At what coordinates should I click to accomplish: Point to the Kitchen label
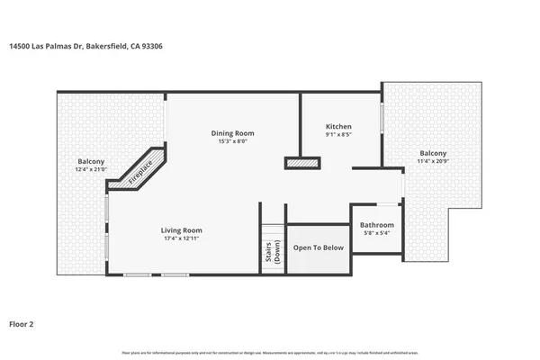[338, 127]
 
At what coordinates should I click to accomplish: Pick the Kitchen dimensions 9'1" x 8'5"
[338, 135]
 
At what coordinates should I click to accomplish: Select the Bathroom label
[377, 225]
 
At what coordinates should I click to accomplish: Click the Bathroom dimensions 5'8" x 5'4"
[377, 233]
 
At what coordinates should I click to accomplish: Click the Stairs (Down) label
[272, 254]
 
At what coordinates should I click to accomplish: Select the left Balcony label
[90, 161]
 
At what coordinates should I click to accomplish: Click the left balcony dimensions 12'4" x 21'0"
[90, 169]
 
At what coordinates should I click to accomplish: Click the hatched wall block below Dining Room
[302, 163]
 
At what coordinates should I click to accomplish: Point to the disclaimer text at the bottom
[270, 352]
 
